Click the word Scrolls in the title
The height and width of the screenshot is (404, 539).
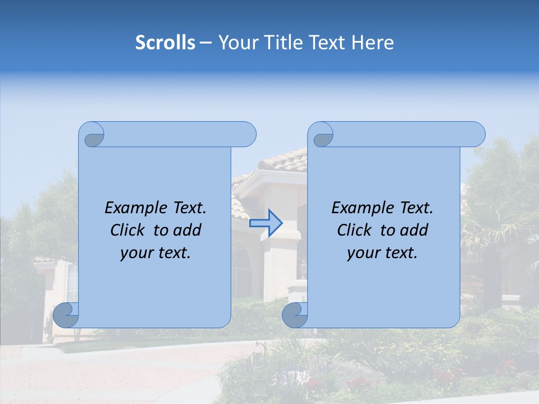[165, 43]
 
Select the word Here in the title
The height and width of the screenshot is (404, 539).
[372, 43]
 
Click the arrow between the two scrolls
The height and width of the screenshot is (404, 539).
[266, 223]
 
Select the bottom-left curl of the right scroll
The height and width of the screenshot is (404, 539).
[295, 315]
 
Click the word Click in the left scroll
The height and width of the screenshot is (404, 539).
[127, 230]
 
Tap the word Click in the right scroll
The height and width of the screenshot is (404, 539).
[354, 230]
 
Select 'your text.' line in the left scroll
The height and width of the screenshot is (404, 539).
[156, 252]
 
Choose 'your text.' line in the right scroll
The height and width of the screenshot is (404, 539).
[382, 252]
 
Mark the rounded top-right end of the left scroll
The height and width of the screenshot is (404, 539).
[247, 135]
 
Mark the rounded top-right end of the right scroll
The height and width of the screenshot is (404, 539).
[476, 135]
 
